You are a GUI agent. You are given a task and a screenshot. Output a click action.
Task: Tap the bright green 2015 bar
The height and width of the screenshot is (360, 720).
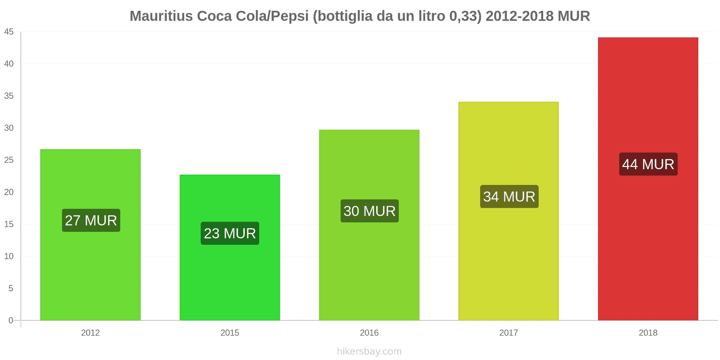(x=229, y=279)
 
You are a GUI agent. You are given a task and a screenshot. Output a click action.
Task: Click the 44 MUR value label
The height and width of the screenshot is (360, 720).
(x=648, y=164)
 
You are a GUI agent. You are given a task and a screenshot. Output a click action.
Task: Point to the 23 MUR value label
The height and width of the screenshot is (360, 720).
(x=229, y=233)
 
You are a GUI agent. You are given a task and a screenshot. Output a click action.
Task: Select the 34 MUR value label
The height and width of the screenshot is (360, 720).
(x=509, y=197)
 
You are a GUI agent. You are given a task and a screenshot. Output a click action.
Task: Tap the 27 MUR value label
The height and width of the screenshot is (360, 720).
(x=91, y=220)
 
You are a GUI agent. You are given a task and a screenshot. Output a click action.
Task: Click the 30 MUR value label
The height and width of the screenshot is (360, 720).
(x=369, y=211)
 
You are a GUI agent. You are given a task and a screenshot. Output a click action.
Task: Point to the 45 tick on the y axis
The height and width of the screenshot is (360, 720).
(x=9, y=32)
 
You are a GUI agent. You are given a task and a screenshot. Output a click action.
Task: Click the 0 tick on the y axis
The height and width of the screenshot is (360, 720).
(x=11, y=320)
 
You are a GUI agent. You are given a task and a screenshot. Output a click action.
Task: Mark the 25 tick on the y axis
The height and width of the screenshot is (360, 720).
(x=9, y=160)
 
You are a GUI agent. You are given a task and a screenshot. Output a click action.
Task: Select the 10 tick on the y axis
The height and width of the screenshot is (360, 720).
(x=9, y=256)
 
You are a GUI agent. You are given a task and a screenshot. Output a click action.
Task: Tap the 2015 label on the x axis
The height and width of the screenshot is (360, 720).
(x=229, y=333)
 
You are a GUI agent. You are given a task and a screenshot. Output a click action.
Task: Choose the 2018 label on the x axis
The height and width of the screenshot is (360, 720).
(x=648, y=333)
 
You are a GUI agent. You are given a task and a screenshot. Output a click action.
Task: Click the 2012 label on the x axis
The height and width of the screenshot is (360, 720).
(x=90, y=333)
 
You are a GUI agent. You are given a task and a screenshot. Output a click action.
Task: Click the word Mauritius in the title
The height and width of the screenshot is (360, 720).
(x=161, y=16)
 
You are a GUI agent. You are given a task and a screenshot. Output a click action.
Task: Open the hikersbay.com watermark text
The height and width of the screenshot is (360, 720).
(x=369, y=351)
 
